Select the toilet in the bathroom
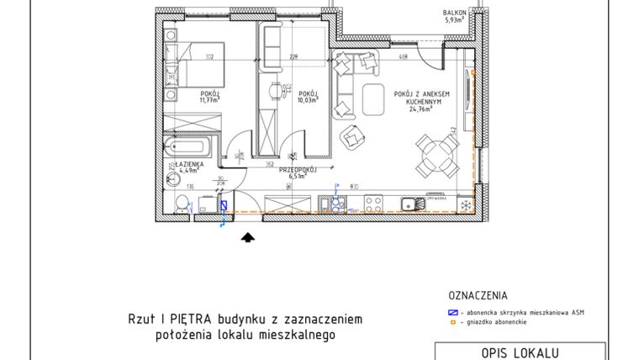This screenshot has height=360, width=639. pos(181,201)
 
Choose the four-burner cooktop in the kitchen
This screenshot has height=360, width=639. pos(373,203)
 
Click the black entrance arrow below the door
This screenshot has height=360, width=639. pos(247,238)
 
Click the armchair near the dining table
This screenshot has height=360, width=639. pos(352,137)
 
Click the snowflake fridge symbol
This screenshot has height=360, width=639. pos(464,203)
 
